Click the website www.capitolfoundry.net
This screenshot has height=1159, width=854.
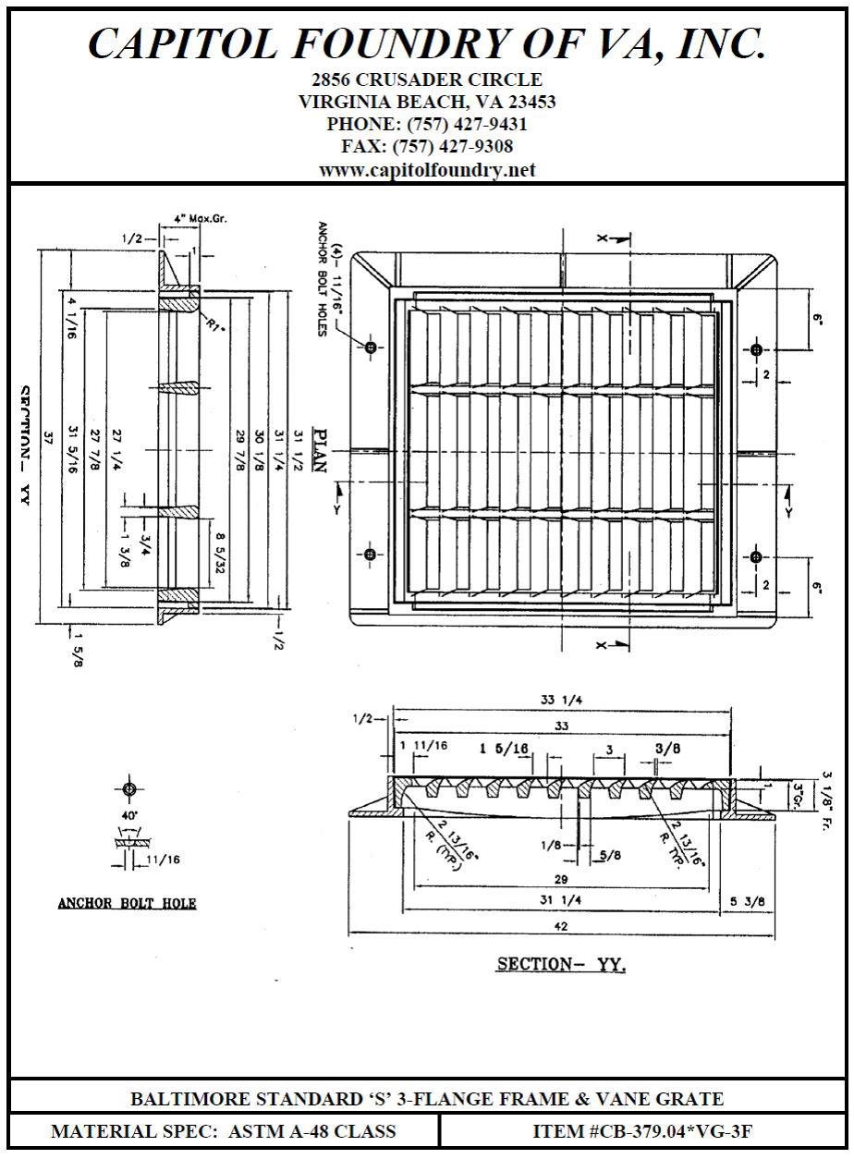pyautogui.click(x=427, y=170)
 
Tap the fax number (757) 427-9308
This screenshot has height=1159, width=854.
pyautogui.click(x=453, y=146)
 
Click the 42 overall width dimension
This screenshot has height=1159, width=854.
pyautogui.click(x=561, y=926)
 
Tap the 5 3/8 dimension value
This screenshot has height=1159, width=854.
pyautogui.click(x=747, y=901)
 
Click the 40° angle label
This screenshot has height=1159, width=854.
pyautogui.click(x=129, y=816)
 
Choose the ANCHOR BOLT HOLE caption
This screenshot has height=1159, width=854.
pyautogui.click(x=128, y=903)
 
